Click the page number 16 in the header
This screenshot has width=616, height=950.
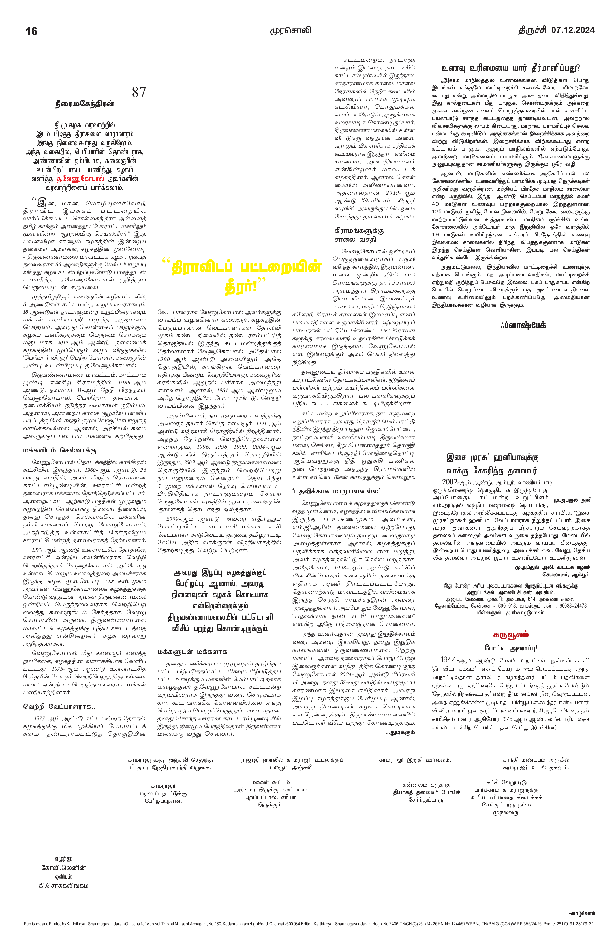tap(31, 31)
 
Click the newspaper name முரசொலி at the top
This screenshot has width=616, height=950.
tap(290, 30)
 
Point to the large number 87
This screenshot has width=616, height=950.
tap(139, 92)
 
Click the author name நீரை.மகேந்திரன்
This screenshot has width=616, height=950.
tap(84, 104)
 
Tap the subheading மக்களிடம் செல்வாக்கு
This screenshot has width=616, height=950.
tap(59, 450)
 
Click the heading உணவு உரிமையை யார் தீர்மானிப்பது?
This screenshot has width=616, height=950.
tap(511, 68)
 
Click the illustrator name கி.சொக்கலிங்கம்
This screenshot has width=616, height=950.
tap(63, 885)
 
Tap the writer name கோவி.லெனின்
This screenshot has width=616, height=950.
tap(63, 868)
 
